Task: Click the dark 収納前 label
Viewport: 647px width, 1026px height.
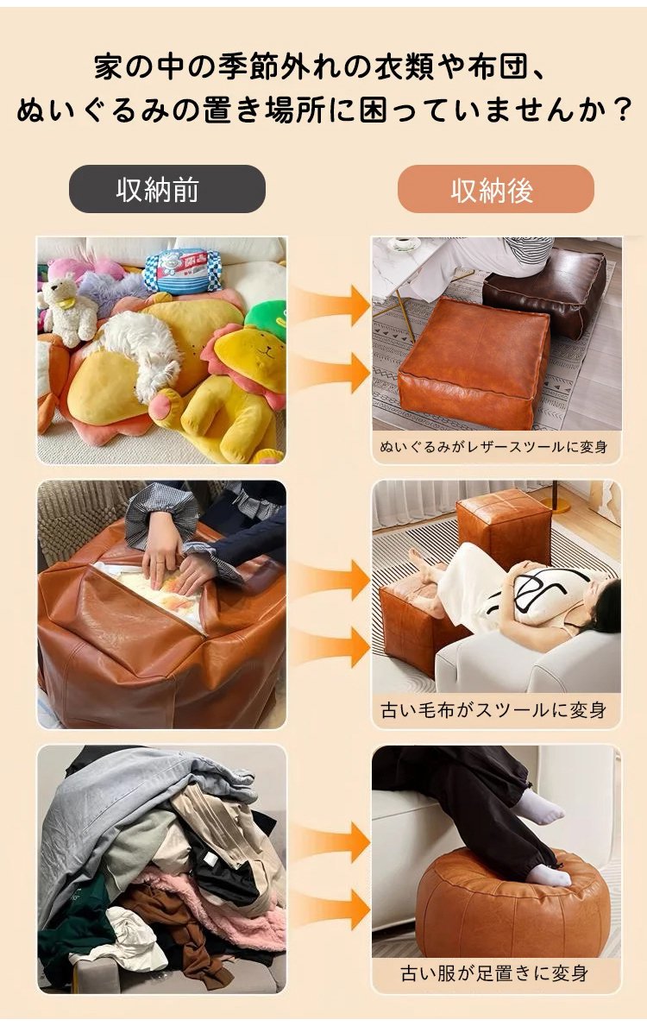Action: click(166, 189)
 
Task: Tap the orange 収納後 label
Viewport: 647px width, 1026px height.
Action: click(495, 189)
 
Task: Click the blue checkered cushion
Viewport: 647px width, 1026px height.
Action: click(182, 271)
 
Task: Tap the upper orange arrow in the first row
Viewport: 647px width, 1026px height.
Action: click(333, 305)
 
